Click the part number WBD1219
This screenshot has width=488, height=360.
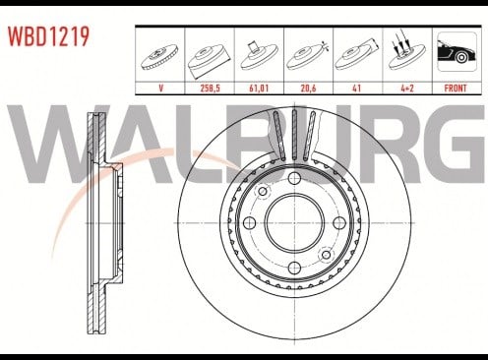click(x=48, y=36)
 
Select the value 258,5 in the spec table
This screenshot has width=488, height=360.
click(x=210, y=89)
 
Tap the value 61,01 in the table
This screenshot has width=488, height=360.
click(x=259, y=89)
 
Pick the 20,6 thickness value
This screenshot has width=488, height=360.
click(x=308, y=89)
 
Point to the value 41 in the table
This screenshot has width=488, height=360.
click(x=356, y=89)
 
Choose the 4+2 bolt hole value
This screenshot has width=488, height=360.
click(x=406, y=89)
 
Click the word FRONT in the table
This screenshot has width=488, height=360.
click(x=456, y=89)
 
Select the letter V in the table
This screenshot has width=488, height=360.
click(x=160, y=89)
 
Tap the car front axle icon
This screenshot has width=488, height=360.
click(x=457, y=51)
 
